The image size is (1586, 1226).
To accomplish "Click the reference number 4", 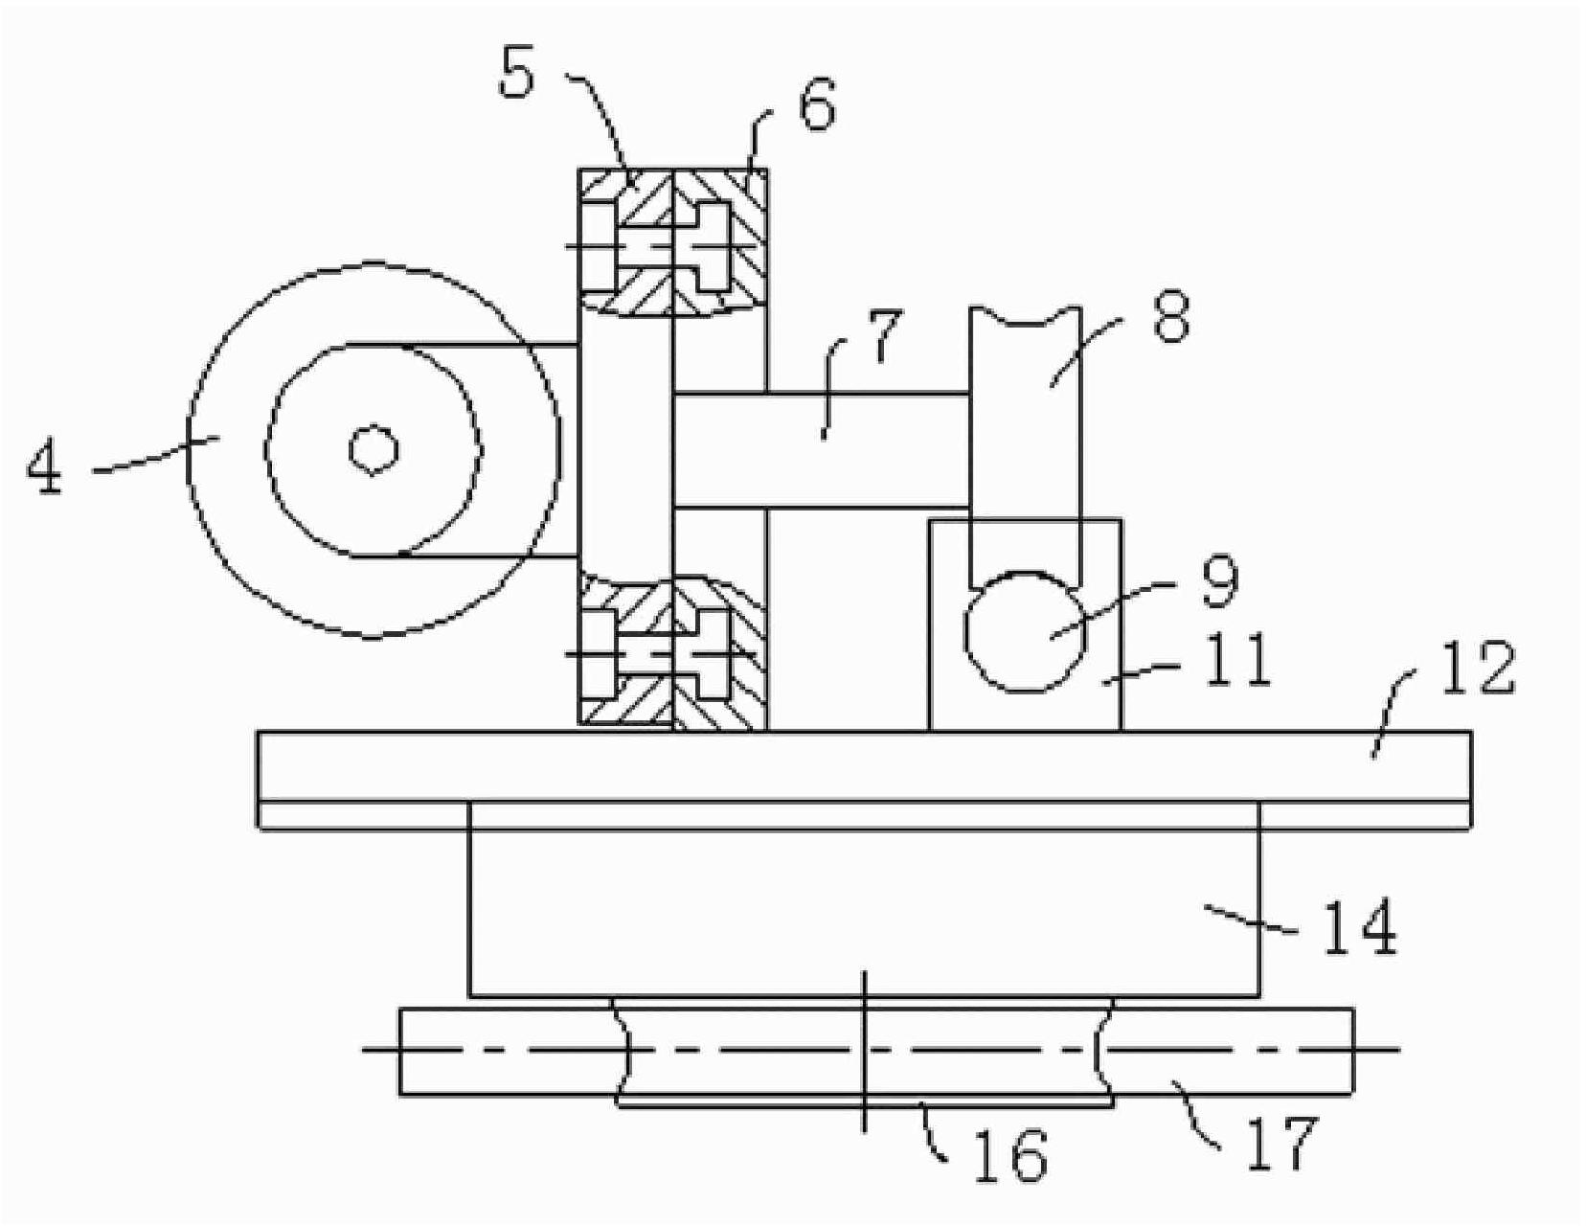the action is point(44,468).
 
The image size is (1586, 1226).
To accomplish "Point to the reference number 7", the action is point(882,335).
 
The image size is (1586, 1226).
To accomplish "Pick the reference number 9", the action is point(1221,581).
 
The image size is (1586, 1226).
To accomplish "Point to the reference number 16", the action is point(1010,1156).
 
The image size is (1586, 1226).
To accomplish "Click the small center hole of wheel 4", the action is point(373,449).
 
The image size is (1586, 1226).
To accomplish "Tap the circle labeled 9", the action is point(1025,632).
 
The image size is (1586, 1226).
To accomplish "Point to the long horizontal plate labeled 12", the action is point(864,780).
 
